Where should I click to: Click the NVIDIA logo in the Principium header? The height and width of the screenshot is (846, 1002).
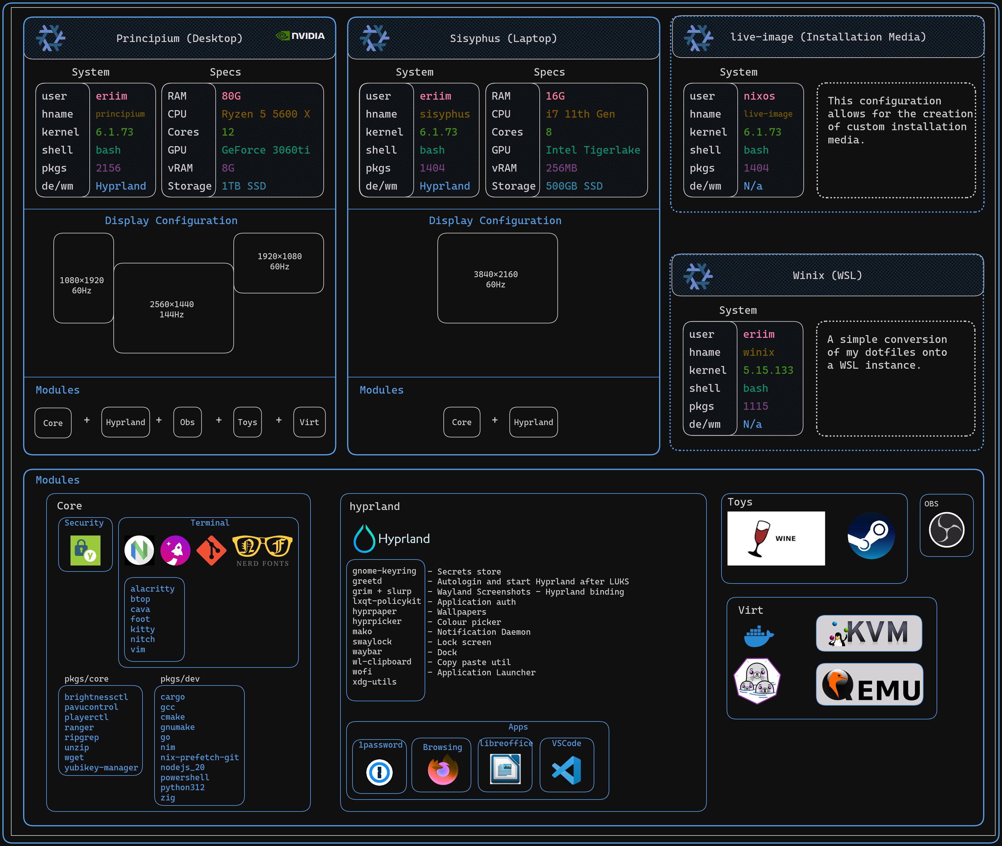[x=300, y=36]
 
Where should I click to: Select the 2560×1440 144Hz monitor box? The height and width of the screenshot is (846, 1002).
[x=173, y=308]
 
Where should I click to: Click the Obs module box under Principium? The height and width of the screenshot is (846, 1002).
[x=187, y=422]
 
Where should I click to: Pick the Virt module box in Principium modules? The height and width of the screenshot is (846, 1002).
[x=309, y=422]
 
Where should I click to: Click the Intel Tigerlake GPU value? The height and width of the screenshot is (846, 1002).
[x=592, y=150]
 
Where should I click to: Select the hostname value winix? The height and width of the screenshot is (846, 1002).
[x=758, y=352]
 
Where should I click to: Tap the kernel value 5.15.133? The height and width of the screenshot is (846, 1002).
[x=768, y=370]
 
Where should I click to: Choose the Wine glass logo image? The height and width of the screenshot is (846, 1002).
[x=775, y=538]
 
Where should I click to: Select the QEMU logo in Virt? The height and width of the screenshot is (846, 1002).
[x=869, y=684]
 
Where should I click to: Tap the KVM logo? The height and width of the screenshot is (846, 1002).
[x=869, y=633]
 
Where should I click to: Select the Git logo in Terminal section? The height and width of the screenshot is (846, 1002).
[x=211, y=550]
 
